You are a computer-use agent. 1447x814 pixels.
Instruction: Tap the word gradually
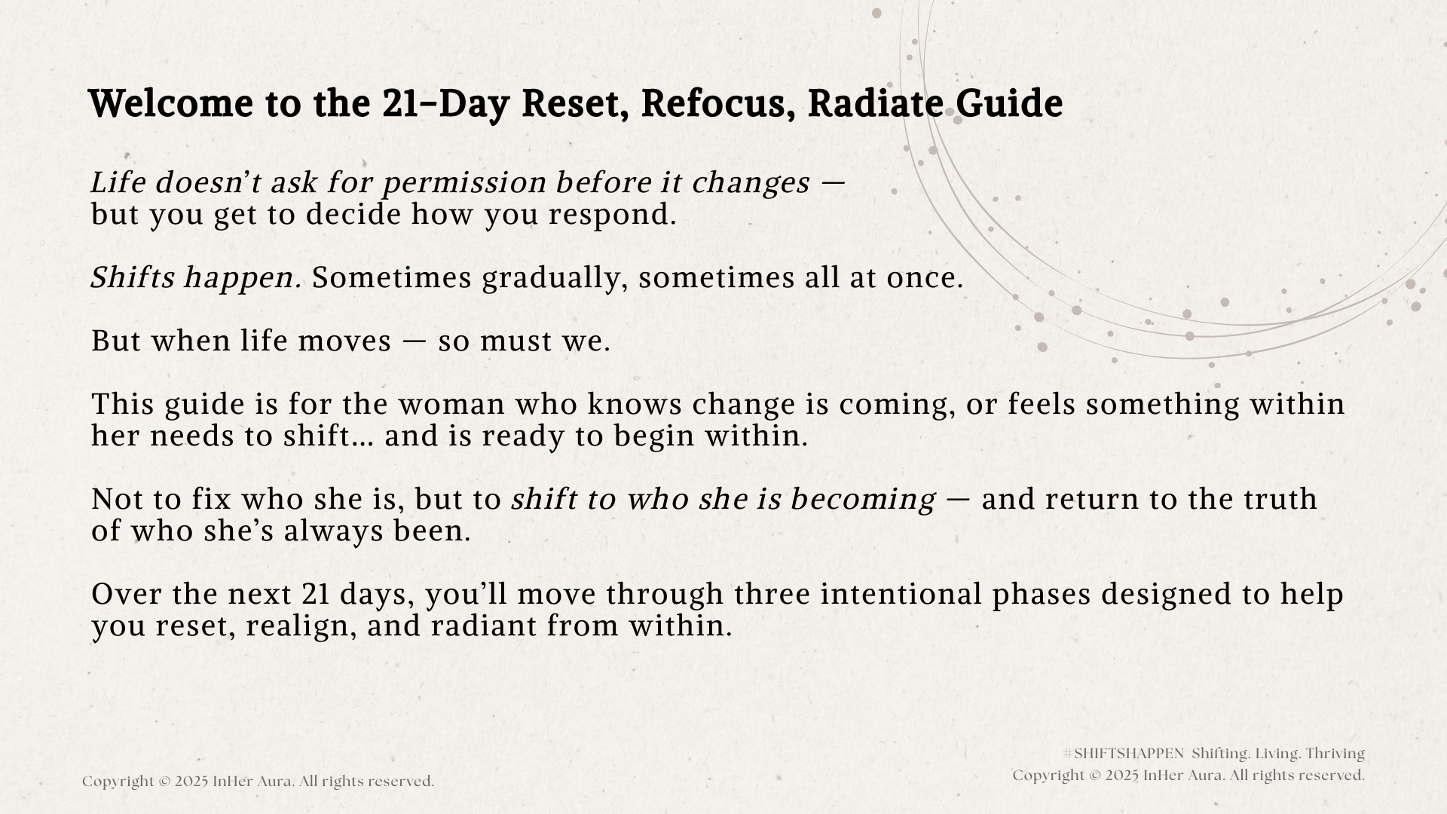tap(555, 279)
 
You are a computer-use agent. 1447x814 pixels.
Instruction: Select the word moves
tap(344, 341)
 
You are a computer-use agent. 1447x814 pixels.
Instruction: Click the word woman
tap(451, 405)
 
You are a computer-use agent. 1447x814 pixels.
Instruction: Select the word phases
tap(1041, 595)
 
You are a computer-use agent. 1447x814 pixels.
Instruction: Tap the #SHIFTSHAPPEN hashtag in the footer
tap(1123, 754)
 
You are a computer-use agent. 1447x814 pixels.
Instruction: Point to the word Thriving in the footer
tap(1335, 754)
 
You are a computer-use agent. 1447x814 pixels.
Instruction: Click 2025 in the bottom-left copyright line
tap(191, 782)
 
